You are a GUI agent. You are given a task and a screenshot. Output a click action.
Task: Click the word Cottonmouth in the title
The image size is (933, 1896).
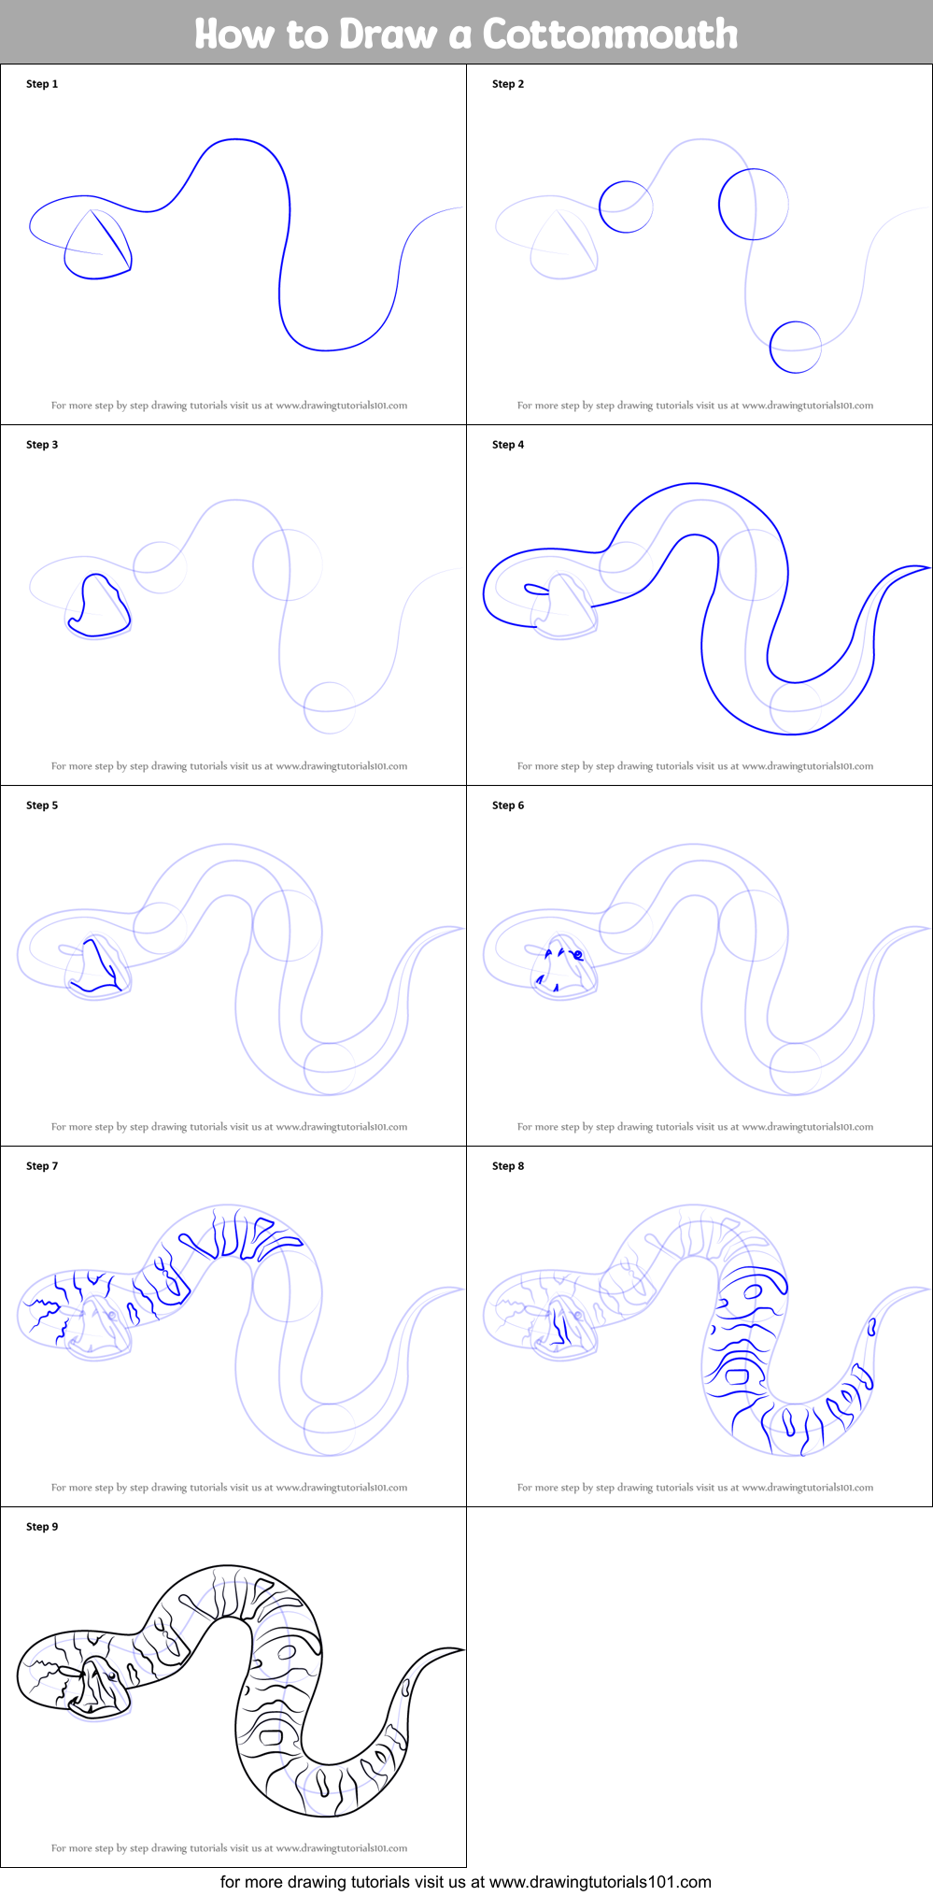tap(610, 34)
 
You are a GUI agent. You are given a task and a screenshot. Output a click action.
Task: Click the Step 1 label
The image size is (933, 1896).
tap(42, 84)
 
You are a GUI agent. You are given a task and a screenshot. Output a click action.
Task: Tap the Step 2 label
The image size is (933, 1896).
tap(508, 84)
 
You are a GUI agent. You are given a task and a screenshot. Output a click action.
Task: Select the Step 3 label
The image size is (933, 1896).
tap(42, 445)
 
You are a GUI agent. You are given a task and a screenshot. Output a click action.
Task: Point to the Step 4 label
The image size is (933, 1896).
tap(508, 445)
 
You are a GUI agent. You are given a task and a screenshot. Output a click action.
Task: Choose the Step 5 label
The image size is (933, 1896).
tap(42, 805)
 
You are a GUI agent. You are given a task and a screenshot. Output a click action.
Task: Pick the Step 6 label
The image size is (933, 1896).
tap(508, 805)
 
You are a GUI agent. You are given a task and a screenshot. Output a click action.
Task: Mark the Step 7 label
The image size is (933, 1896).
tap(42, 1166)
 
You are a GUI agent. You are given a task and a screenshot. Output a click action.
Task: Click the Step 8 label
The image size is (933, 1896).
tap(508, 1166)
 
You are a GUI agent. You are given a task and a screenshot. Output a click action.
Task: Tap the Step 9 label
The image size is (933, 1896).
tap(42, 1527)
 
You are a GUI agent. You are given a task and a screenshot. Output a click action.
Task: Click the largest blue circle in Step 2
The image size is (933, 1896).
tap(753, 204)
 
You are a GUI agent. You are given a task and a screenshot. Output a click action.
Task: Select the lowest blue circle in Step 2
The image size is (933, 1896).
tap(795, 347)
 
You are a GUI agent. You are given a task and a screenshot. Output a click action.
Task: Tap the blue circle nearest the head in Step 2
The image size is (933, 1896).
tap(626, 207)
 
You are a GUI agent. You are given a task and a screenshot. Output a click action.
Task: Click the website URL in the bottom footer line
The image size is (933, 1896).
tap(600, 1881)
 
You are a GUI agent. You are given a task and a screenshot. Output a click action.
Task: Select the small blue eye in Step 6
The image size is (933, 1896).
tap(578, 954)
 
